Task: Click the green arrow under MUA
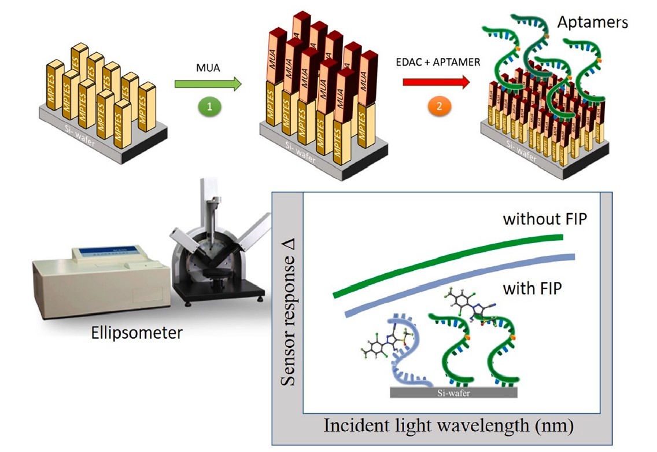tap(208, 85)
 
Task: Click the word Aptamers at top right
tap(592, 23)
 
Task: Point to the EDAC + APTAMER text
tap(438, 61)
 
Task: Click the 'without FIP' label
tap(540, 219)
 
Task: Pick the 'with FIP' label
tap(532, 288)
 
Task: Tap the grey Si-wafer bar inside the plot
tap(453, 392)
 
